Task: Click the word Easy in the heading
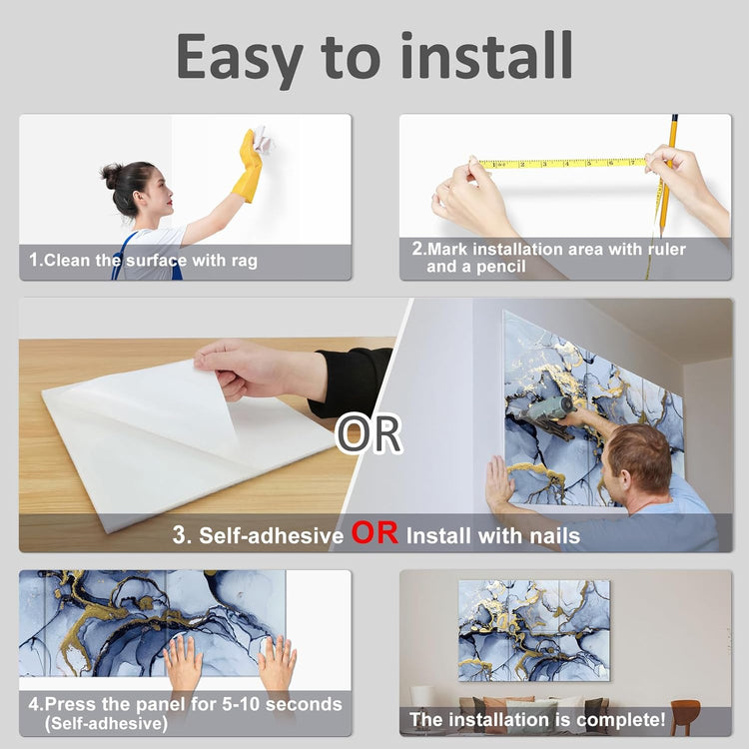(x=240, y=57)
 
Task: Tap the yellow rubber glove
(x=249, y=167)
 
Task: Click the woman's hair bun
(x=110, y=176)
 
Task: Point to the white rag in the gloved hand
(x=262, y=139)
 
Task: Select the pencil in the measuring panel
(x=667, y=175)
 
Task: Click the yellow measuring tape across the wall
(x=561, y=164)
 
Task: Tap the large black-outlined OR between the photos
(x=369, y=433)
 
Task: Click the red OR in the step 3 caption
(x=374, y=532)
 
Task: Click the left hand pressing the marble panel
(x=183, y=661)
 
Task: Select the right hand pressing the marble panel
(x=277, y=662)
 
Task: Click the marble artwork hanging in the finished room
(x=534, y=630)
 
